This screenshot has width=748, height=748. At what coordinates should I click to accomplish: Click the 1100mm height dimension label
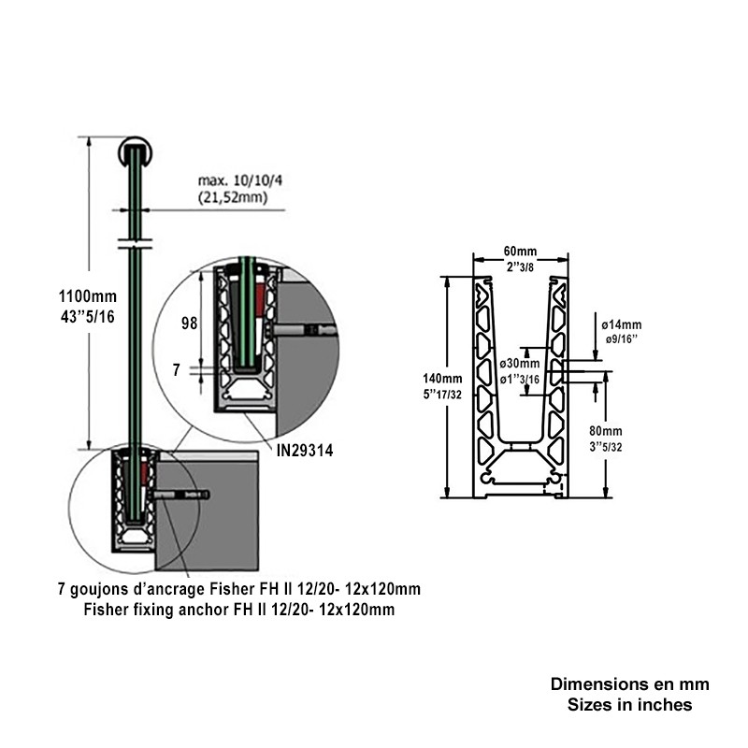tap(87, 296)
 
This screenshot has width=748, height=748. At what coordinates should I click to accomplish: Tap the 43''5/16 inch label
tap(88, 317)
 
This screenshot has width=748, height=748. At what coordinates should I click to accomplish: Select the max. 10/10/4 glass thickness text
tap(240, 180)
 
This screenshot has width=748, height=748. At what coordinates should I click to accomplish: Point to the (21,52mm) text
tap(233, 197)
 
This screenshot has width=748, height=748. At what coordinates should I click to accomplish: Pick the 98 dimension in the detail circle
tap(190, 324)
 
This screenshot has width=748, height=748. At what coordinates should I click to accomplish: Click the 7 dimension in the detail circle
tap(177, 369)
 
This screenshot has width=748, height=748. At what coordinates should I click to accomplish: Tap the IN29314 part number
tap(305, 451)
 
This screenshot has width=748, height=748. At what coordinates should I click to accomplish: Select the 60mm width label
tap(520, 251)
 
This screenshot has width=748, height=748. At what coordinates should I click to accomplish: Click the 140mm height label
tap(442, 379)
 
